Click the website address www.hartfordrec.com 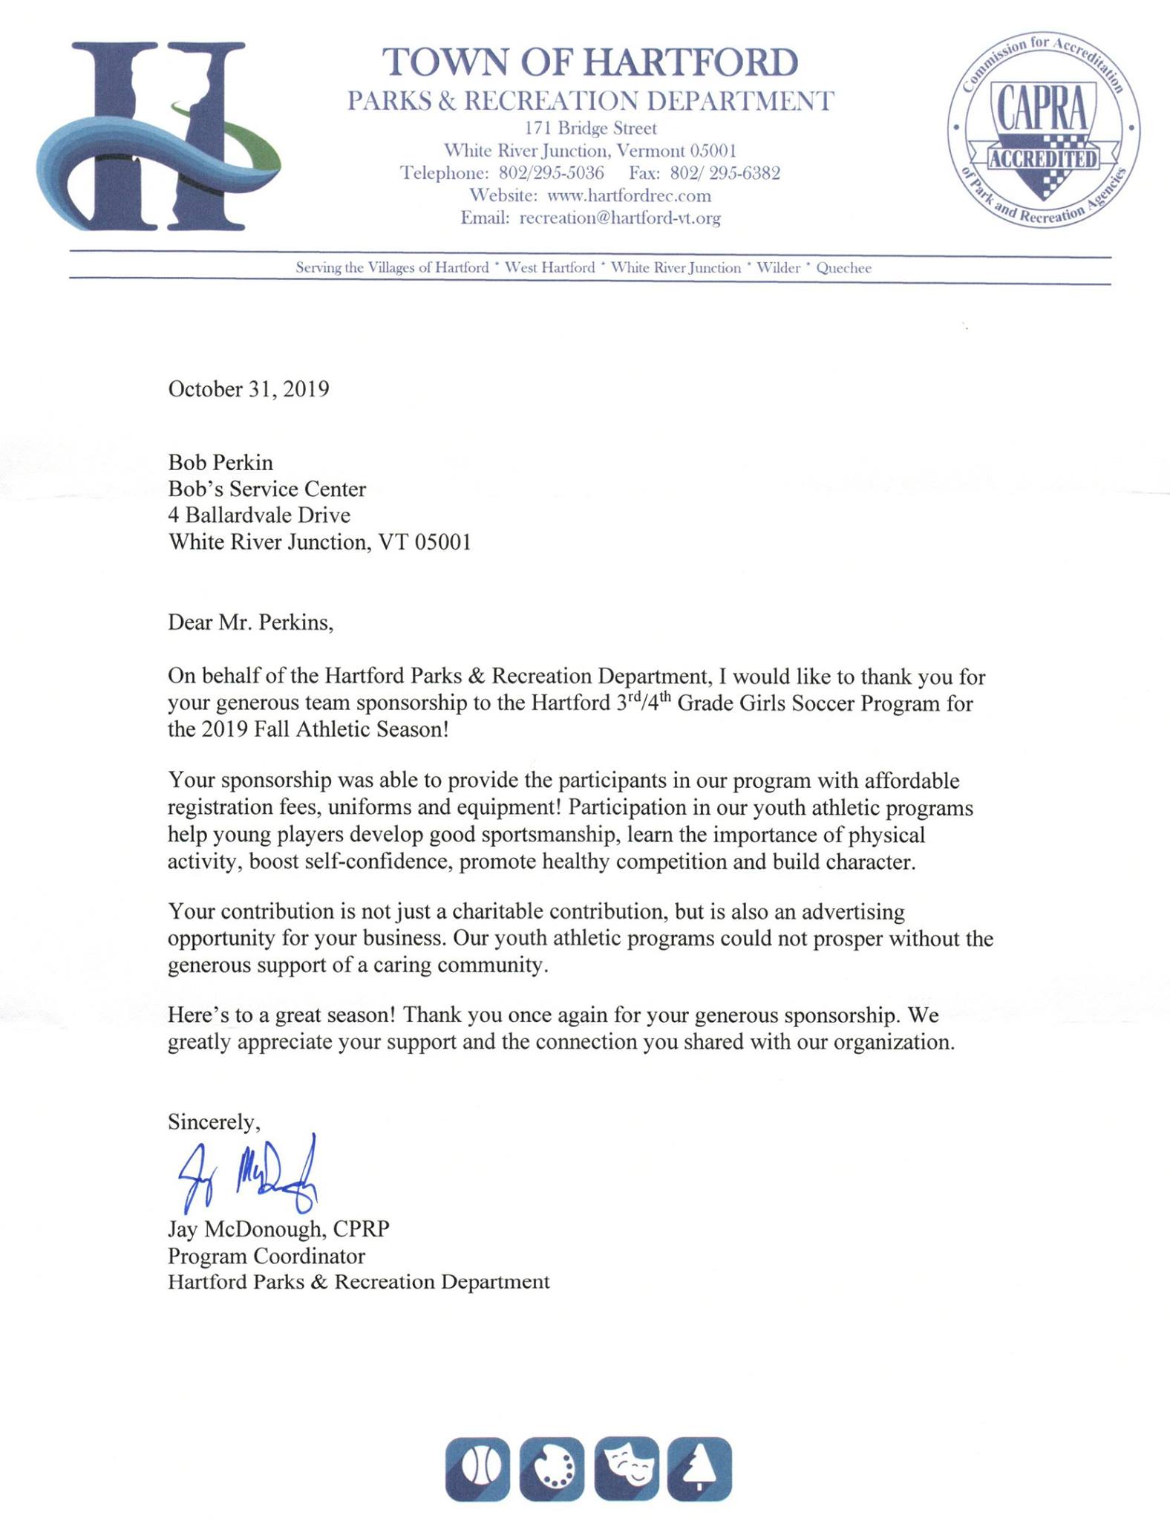(x=629, y=196)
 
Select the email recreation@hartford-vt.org (x=620, y=218)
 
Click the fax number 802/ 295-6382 (x=725, y=174)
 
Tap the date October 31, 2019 (x=249, y=389)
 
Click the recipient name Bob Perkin (x=220, y=463)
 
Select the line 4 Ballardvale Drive (x=259, y=515)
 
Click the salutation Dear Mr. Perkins (x=251, y=622)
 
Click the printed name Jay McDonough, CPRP (x=278, y=1229)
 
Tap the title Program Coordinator (x=267, y=1256)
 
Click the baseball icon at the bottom (x=477, y=1469)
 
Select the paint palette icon (x=552, y=1469)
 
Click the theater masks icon (x=626, y=1469)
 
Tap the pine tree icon (x=699, y=1469)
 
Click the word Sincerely (x=214, y=1122)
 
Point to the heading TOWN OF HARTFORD (x=590, y=62)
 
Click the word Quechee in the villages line (x=843, y=268)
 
